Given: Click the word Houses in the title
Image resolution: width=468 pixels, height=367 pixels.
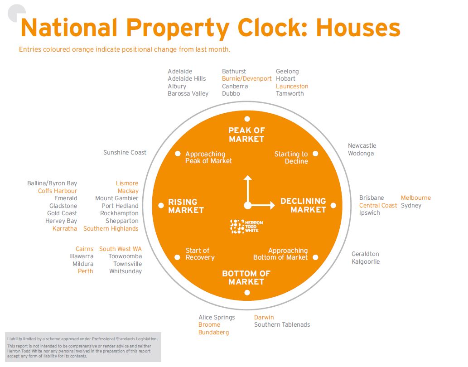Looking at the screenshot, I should (358, 28).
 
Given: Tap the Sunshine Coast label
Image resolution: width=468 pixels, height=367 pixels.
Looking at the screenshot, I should (125, 153).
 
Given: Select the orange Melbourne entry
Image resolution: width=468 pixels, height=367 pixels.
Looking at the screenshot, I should (415, 198).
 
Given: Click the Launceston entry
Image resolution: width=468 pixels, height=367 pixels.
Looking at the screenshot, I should (292, 86).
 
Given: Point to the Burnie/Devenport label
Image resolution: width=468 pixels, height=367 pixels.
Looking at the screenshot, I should (246, 79).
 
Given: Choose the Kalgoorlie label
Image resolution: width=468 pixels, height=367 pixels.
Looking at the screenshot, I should (366, 262).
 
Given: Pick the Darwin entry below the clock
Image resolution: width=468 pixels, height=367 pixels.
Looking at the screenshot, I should (264, 317).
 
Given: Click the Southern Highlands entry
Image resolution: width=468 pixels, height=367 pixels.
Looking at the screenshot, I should (111, 229).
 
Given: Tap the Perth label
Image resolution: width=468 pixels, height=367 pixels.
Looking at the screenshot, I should (85, 271).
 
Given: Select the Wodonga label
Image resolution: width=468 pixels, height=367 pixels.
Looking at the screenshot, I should (361, 154).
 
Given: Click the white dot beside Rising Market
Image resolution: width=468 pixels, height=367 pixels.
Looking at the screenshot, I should (161, 206).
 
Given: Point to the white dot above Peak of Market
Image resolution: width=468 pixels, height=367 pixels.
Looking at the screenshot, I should (247, 119).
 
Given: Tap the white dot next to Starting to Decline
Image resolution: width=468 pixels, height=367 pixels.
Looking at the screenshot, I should (315, 154).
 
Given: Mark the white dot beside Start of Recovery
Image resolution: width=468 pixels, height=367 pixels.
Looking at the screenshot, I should (178, 257).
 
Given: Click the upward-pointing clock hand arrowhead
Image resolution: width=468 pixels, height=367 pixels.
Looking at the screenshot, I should (247, 178).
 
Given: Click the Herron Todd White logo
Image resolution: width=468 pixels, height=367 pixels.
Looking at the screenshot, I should (246, 227).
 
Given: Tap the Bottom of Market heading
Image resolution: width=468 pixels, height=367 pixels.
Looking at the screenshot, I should (246, 278).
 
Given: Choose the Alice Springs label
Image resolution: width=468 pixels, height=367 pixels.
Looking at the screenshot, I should (217, 317).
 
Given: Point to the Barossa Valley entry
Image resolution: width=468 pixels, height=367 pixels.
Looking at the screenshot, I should (188, 94).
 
